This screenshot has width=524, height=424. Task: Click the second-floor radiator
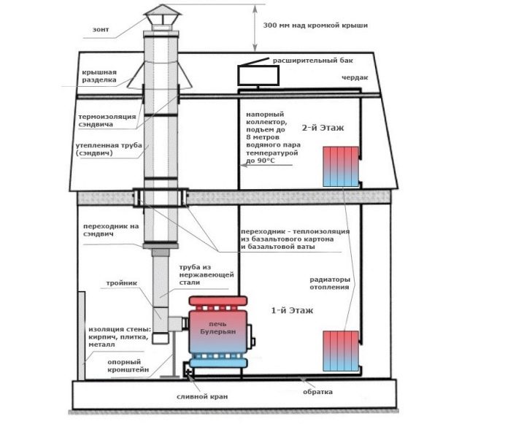(x=341, y=166)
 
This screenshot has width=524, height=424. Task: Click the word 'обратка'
(x=319, y=392)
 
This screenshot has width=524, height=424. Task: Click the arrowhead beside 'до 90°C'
(x=244, y=166)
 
